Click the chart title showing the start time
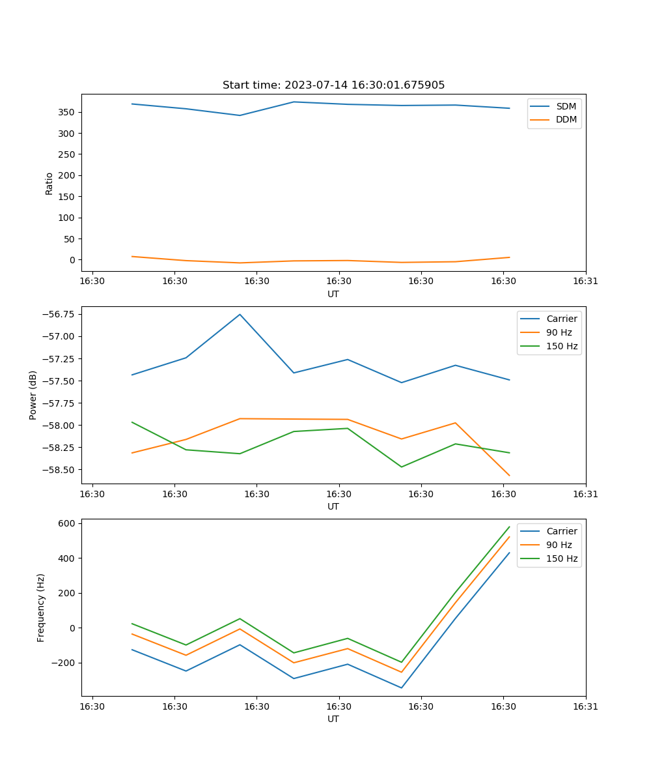pyautogui.click(x=333, y=85)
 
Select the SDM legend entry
pyautogui.click(x=566, y=106)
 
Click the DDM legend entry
pyautogui.click(x=566, y=119)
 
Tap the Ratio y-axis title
pyautogui.click(x=49, y=183)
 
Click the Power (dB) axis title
pyautogui.click(x=33, y=395)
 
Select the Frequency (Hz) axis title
pyautogui.click(x=41, y=607)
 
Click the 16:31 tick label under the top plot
pyautogui.click(x=586, y=282)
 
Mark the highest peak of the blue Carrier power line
pyautogui.click(x=240, y=315)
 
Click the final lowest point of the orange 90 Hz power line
pyautogui.click(x=509, y=476)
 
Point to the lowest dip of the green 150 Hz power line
pyautogui.click(x=401, y=467)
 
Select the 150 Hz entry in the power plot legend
pyautogui.click(x=562, y=346)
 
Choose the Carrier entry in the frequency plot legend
pyautogui.click(x=561, y=531)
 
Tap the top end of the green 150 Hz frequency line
pyautogui.click(x=509, y=527)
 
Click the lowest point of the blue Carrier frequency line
pyautogui.click(x=401, y=688)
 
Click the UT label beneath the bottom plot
pyautogui.click(x=333, y=719)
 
